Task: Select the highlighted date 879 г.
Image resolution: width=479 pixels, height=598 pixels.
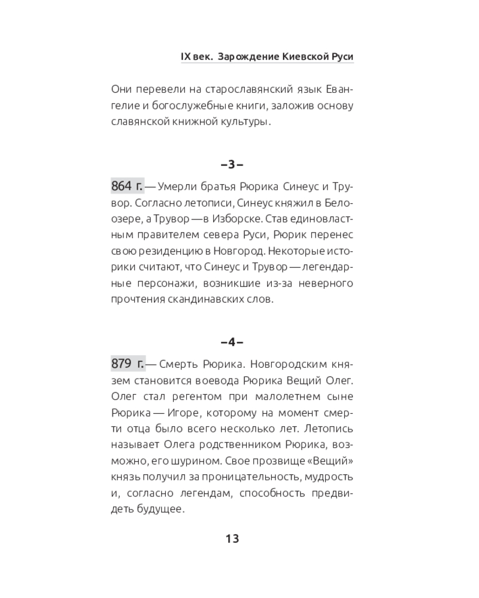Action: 128,364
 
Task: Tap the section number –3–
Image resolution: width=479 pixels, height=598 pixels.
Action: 232,164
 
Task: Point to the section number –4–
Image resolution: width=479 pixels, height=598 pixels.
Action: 232,342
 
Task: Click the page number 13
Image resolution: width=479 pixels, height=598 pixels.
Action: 232,538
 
